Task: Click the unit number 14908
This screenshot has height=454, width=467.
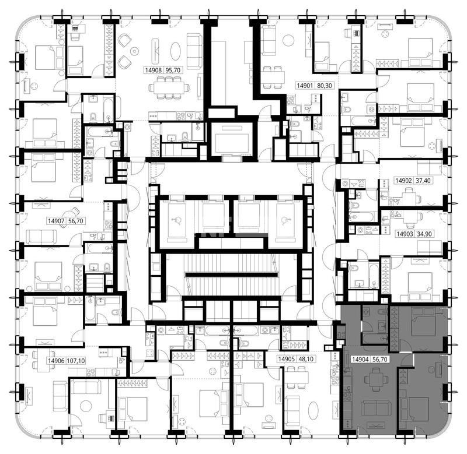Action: (154, 70)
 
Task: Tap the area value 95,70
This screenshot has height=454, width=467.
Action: (173, 70)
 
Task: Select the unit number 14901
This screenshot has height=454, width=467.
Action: (305, 86)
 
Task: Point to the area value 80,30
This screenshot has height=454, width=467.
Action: (324, 86)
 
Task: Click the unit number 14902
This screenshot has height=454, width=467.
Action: (404, 181)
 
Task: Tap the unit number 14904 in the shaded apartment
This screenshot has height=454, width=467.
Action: (360, 359)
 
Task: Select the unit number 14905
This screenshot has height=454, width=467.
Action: (286, 359)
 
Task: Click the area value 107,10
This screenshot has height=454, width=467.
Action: (76, 361)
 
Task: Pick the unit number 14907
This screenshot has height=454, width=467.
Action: (56, 221)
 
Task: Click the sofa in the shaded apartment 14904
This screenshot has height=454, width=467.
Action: (375, 407)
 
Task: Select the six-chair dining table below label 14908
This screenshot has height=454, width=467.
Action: (169, 86)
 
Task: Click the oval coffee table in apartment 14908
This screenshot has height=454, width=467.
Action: (176, 51)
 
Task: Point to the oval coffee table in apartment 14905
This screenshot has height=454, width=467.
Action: (313, 411)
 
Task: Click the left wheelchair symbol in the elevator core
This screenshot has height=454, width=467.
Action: (177, 220)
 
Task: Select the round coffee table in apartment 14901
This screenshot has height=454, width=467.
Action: (288, 40)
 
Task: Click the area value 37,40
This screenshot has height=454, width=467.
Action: (423, 181)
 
